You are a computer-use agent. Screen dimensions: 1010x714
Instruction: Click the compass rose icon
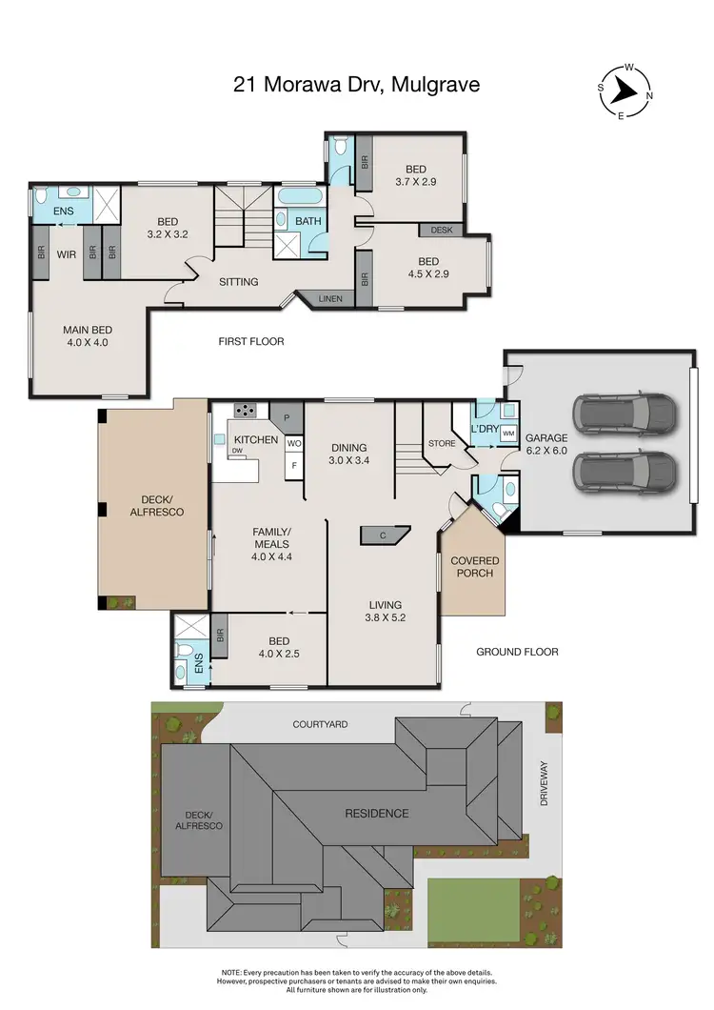(x=624, y=91)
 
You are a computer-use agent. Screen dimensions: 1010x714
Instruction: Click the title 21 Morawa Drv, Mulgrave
(x=357, y=85)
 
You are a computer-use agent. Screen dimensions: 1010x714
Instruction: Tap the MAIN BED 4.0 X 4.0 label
(x=87, y=336)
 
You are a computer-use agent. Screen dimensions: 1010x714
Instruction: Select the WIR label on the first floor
(x=66, y=253)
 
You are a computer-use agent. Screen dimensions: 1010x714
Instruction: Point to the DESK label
(x=441, y=230)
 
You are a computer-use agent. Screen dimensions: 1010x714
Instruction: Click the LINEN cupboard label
(x=330, y=299)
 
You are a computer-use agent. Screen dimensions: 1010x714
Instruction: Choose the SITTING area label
(x=239, y=281)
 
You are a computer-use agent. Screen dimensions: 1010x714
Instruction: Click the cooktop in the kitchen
(x=246, y=411)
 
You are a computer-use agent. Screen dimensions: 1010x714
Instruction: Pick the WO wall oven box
(x=294, y=444)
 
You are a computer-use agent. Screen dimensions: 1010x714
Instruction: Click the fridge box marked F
(x=294, y=466)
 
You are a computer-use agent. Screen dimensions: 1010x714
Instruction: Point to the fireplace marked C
(x=383, y=535)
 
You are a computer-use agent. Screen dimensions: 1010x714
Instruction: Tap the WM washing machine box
(x=507, y=434)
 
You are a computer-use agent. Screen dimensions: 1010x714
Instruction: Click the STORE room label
(x=442, y=442)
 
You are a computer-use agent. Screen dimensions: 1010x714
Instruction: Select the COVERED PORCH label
(x=474, y=568)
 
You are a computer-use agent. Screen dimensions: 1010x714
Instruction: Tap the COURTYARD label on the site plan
(x=319, y=724)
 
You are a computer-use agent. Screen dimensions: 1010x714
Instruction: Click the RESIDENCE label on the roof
(x=377, y=813)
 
